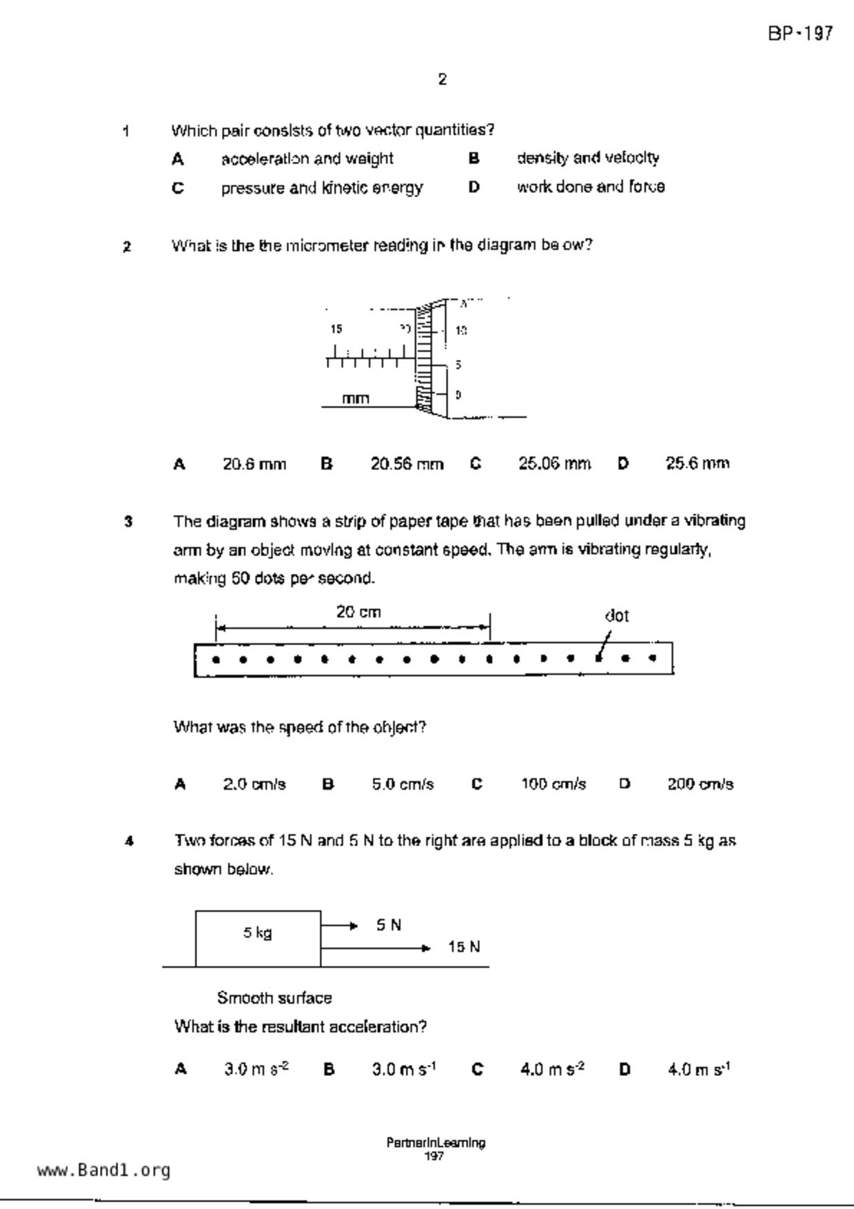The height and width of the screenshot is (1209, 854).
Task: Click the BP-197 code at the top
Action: (800, 33)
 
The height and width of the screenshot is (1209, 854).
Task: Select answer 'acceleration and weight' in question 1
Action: (307, 159)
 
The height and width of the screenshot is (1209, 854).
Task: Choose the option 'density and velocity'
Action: (587, 159)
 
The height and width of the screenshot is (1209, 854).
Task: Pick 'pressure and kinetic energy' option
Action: (321, 188)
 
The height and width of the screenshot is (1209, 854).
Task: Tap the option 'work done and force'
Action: (591, 187)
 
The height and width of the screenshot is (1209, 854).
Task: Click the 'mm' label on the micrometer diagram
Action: (356, 398)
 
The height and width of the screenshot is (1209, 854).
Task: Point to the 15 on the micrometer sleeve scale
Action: (336, 329)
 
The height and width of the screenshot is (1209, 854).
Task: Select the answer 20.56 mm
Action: (407, 464)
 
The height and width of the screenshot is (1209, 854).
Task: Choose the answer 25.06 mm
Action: (554, 464)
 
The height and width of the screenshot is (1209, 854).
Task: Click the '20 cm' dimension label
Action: (358, 612)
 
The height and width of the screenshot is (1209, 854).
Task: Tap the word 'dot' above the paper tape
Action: (616, 616)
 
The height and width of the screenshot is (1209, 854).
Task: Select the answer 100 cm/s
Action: (553, 784)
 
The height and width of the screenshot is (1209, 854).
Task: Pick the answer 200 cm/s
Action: (700, 784)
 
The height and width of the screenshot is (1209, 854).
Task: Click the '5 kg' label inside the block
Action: (257, 933)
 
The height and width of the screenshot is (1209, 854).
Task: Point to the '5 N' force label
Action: (389, 925)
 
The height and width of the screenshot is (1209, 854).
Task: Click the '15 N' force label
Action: (464, 947)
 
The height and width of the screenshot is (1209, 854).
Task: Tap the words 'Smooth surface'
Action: (274, 998)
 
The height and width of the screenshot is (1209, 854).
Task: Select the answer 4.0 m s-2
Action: (552, 1070)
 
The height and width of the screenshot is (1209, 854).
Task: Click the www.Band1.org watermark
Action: (103, 1170)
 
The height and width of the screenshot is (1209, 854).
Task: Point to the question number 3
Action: (128, 522)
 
